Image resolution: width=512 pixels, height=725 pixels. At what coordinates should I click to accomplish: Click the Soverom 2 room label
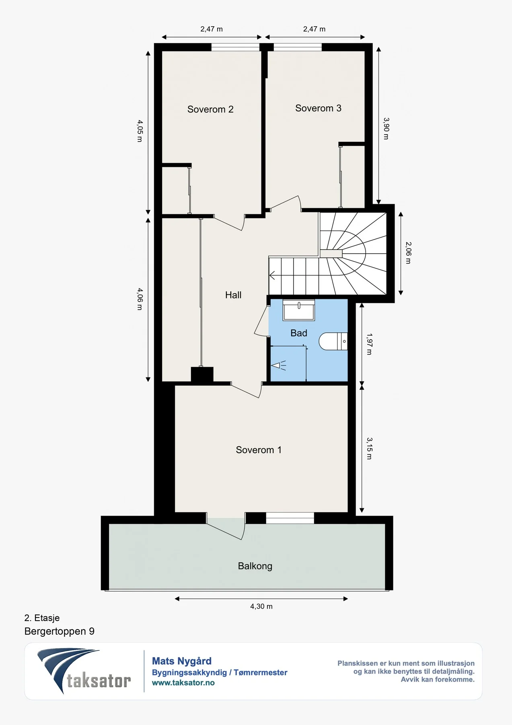pos(210,109)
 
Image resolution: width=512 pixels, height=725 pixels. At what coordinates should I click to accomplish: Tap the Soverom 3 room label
pos(318,108)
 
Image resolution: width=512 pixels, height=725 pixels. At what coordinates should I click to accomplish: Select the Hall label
pos(233,295)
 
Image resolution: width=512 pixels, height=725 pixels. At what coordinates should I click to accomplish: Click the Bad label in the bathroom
pos(299,333)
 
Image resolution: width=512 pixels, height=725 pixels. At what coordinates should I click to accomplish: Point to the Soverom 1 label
pos(259,450)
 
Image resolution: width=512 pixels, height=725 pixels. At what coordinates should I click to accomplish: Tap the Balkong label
pos(255,566)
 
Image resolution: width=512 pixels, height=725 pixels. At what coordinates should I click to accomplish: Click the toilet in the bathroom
pos(333,341)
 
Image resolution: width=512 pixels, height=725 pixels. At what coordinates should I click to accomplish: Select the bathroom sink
pos(299,310)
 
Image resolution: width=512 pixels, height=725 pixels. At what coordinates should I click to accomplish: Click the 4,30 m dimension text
pos(261,606)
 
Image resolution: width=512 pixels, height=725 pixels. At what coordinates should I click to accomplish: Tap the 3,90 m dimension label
pos(386,128)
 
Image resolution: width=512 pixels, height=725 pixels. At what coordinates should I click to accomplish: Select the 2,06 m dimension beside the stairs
pos(408,253)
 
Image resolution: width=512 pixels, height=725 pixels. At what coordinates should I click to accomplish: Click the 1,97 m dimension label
pos(369,344)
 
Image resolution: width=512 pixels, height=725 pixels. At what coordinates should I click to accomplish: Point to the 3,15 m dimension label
pos(369,449)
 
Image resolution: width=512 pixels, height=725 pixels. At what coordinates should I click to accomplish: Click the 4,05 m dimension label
pos(140,131)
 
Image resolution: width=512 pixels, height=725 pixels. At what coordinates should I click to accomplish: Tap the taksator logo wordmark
pos(99,681)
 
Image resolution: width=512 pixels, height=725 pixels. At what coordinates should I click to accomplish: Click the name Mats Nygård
pos(182,661)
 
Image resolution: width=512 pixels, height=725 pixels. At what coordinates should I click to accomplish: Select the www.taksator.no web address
pos(183,683)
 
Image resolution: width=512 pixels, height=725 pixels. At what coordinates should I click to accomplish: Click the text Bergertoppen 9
pos(60,631)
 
